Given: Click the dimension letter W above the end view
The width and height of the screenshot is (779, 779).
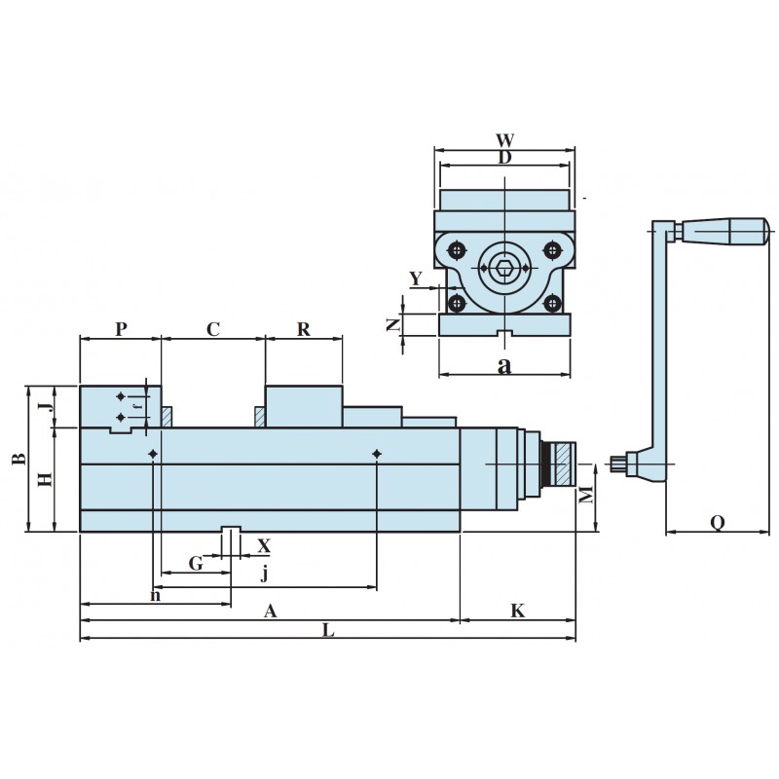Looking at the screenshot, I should (x=504, y=140).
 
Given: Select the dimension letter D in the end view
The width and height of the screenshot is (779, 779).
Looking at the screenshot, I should (x=504, y=157).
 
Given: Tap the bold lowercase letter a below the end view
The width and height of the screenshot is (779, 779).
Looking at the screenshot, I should (x=503, y=365).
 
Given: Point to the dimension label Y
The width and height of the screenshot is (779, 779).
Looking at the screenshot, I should (x=416, y=279).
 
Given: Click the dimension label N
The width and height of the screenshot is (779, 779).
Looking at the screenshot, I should (x=393, y=325).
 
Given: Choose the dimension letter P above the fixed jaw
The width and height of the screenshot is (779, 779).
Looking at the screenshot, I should (x=121, y=329).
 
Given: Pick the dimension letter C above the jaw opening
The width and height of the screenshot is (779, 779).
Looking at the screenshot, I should (x=213, y=329).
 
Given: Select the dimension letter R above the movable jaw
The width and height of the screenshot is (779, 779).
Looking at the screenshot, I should (x=303, y=329).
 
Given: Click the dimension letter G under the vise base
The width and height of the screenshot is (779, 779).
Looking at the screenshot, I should (x=196, y=563).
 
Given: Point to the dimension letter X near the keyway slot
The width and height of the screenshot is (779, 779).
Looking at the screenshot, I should (x=263, y=545).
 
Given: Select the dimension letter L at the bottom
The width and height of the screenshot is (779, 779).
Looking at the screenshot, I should (x=328, y=630).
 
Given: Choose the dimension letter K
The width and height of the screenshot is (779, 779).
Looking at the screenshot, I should (x=518, y=611).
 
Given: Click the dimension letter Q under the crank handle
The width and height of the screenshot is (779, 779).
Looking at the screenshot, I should (x=717, y=523).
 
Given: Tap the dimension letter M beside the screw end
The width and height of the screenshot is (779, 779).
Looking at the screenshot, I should (x=585, y=496).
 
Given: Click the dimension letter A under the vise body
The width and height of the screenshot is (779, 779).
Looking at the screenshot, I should (x=271, y=611).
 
